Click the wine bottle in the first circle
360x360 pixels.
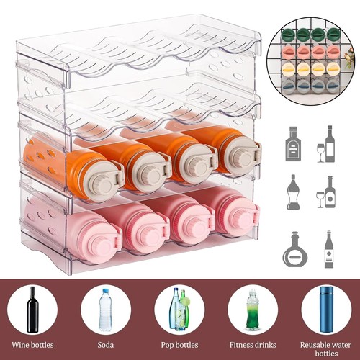click(x=33, y=310)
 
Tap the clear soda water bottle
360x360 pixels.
click(x=106, y=310)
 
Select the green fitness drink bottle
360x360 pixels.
click(x=253, y=310)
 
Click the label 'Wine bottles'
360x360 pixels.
click(x=32, y=345)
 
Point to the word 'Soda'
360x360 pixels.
click(x=106, y=345)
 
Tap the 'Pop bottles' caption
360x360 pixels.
click(x=179, y=345)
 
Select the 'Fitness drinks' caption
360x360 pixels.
click(x=253, y=345)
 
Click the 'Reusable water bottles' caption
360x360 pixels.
click(x=326, y=349)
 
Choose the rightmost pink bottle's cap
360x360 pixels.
click(x=240, y=220)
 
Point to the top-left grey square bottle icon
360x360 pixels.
click(x=293, y=144)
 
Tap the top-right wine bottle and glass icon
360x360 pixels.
click(x=326, y=144)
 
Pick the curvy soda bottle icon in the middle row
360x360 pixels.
click(x=293, y=192)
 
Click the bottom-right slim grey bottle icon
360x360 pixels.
click(x=329, y=249)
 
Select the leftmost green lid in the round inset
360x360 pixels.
click(x=289, y=35)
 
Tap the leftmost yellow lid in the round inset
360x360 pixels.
click(x=289, y=69)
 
